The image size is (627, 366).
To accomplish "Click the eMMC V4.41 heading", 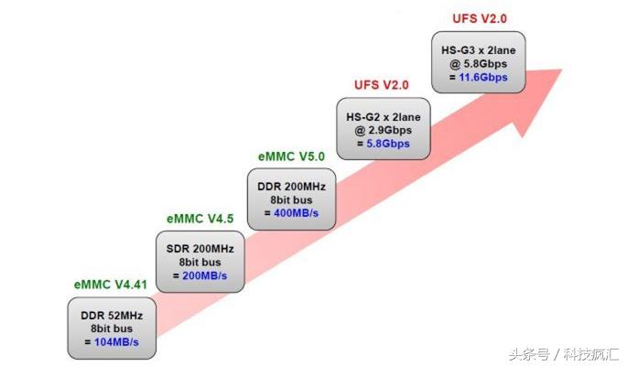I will coord(111,285).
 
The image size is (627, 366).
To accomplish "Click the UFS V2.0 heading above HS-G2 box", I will coord(381,85).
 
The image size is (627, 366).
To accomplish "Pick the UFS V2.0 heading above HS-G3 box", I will coord(479,18).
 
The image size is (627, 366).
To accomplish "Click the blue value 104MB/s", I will coord(116,341).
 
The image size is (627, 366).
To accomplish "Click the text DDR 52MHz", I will coord(111,315).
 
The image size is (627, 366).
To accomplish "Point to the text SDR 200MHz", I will coord(200,248).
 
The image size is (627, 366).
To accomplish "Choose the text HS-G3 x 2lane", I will coord(478,50).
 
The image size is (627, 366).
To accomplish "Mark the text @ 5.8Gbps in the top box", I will coord(478,64).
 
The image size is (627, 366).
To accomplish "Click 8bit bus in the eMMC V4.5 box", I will coord(200,261).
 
